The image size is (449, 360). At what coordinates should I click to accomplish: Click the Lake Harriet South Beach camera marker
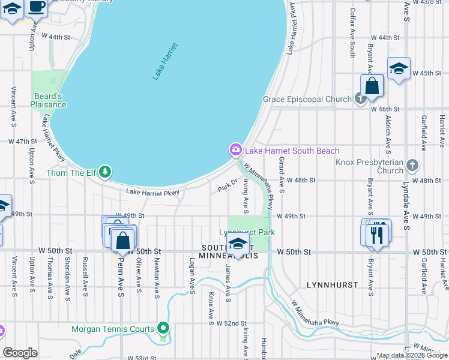point(235,149)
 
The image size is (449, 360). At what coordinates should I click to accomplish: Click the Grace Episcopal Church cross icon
point(360,99)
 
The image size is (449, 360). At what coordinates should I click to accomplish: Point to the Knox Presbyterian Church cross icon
point(412,164)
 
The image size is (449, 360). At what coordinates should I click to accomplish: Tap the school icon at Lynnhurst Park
point(238,244)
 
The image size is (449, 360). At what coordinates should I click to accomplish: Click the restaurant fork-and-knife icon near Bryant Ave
point(377,234)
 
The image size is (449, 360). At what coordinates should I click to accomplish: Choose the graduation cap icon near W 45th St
point(398,68)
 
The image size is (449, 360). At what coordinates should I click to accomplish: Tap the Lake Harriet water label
point(165,61)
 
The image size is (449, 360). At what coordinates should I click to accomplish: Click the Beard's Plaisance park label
point(49,100)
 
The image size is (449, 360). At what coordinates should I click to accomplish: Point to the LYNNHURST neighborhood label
point(332,284)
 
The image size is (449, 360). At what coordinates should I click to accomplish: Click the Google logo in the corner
point(20,353)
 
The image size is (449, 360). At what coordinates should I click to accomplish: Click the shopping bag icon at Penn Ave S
point(123,240)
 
